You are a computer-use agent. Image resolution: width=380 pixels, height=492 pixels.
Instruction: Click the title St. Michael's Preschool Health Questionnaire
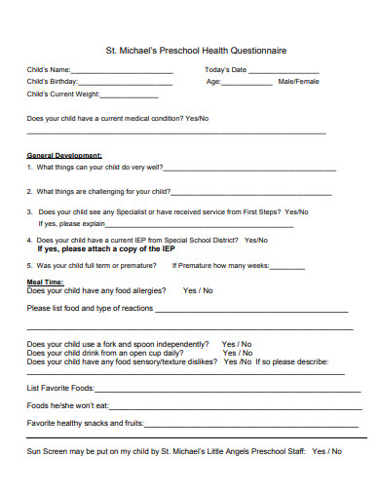point(195,50)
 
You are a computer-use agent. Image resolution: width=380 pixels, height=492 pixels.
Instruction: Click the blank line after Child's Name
point(121,72)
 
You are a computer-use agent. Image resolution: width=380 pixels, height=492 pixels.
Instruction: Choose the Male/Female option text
point(298,82)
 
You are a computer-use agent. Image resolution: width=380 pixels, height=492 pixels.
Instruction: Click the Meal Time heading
point(45,281)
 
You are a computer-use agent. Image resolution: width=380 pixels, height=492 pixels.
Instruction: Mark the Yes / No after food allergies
point(198,290)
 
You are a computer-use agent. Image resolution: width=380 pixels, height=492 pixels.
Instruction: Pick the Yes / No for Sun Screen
point(326,451)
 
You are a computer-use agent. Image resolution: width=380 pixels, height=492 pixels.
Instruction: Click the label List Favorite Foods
point(60,387)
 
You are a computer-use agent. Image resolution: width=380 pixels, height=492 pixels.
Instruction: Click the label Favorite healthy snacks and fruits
point(85,424)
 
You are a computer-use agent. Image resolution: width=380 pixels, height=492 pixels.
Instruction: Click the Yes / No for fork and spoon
point(236,344)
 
